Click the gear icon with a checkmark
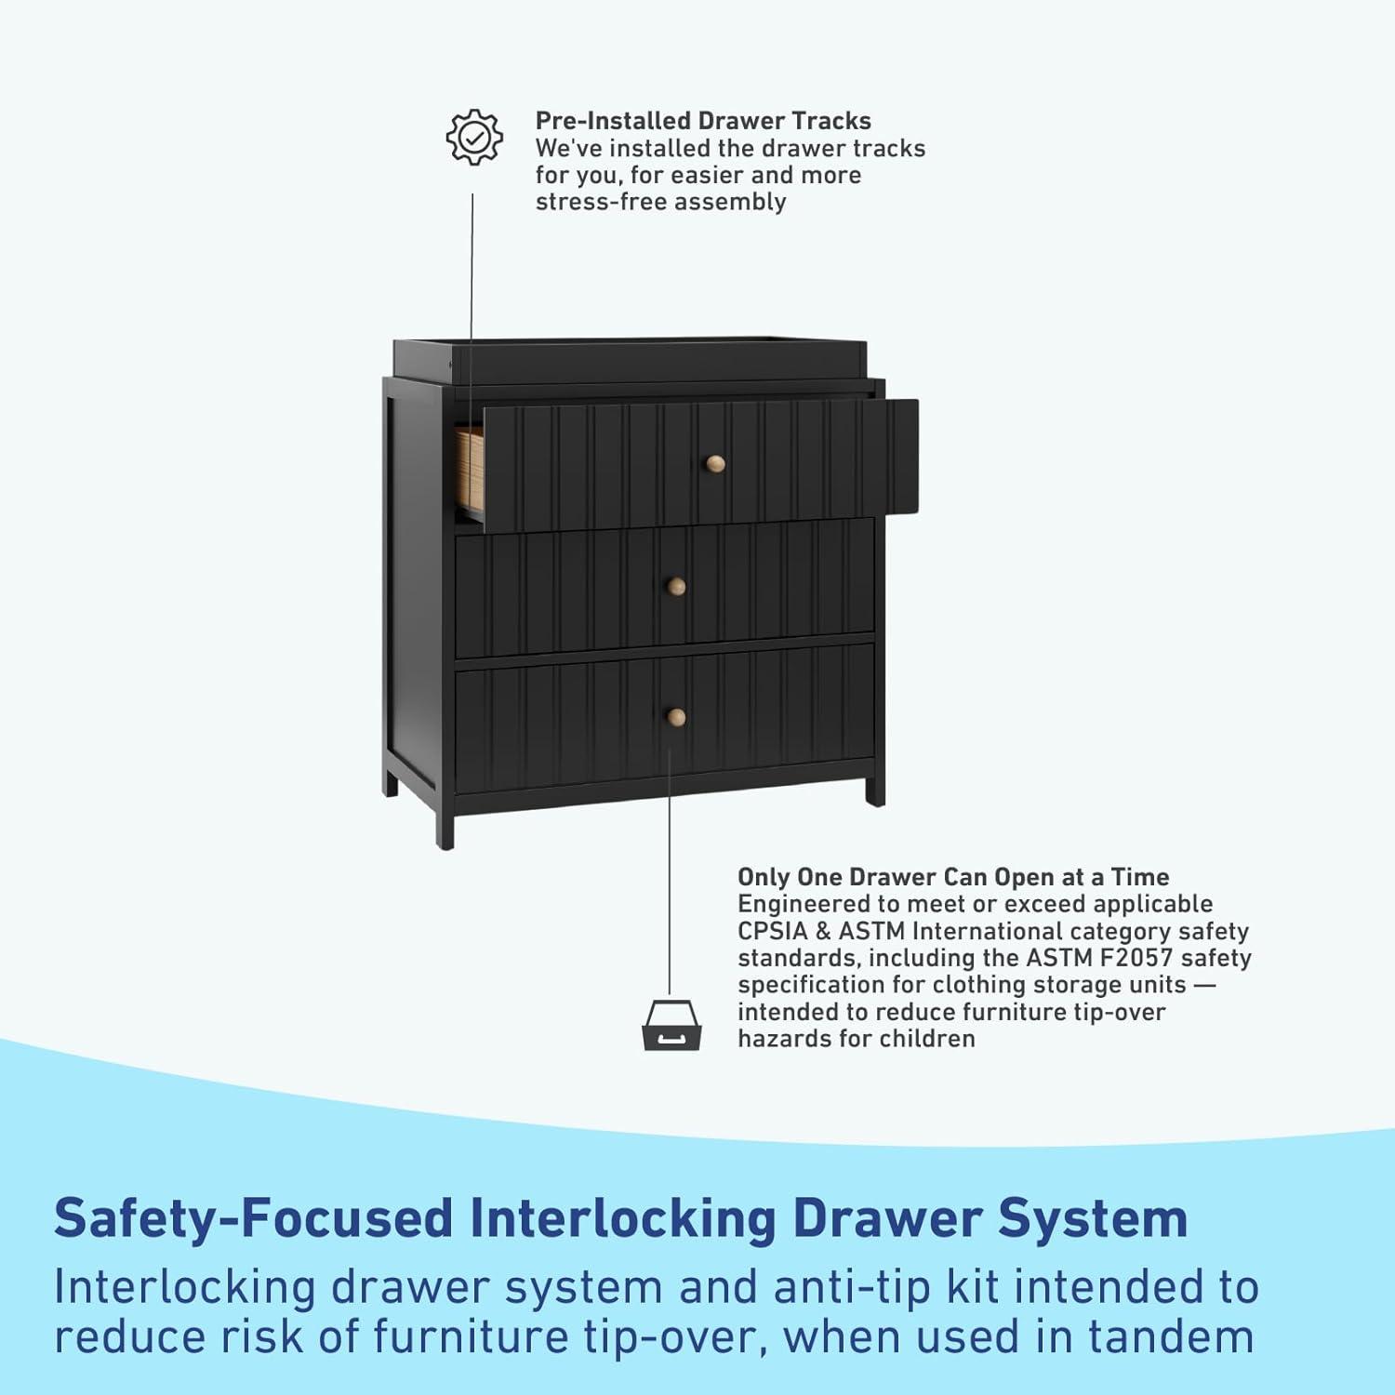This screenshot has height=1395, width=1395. pos(474,138)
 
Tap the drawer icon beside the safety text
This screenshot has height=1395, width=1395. pos(671,1025)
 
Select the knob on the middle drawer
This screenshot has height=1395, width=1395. pos(677,586)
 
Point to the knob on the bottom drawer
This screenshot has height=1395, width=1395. pos(676,716)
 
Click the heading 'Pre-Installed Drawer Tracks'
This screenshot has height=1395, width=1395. pos(703,121)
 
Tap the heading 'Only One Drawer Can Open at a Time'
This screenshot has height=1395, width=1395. pos(953,877)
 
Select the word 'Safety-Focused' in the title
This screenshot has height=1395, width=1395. pos(253,1218)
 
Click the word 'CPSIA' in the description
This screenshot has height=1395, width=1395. pos(772,931)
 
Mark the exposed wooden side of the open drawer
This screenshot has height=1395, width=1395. pos(469,467)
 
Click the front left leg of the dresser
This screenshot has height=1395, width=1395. pos(445,823)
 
